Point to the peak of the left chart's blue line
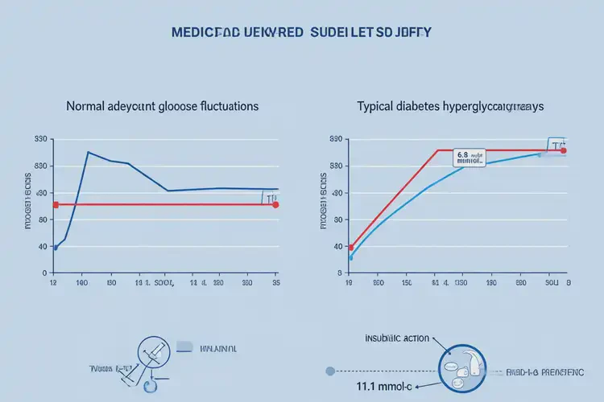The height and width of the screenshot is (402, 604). [x=88, y=152]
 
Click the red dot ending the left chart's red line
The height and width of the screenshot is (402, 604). [x=276, y=205]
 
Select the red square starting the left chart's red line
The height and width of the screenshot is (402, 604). [x=56, y=205]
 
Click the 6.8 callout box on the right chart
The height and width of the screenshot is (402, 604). [x=470, y=158]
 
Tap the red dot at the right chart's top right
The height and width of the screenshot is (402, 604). [x=564, y=150]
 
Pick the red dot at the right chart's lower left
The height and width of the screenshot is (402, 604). [x=351, y=248]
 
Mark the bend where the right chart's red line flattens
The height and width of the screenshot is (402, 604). [x=437, y=150]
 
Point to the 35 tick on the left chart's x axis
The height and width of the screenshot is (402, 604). [x=276, y=284]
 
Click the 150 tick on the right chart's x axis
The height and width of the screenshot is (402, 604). [x=407, y=284]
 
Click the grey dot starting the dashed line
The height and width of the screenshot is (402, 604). [x=329, y=371]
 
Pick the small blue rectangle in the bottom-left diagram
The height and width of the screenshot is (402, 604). [x=184, y=347]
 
